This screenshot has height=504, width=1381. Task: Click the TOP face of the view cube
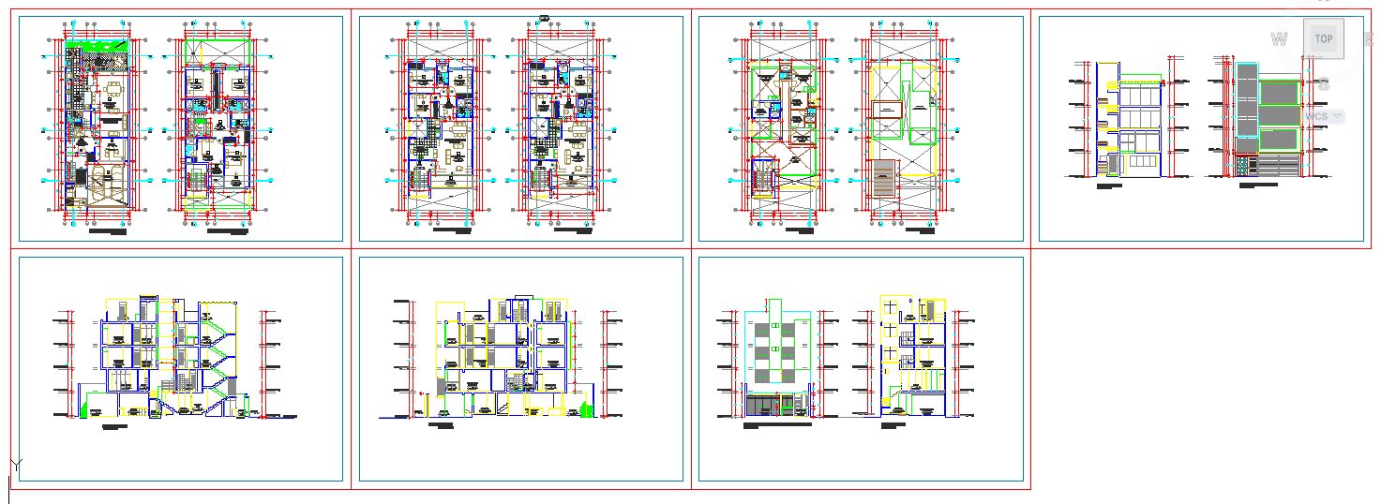click(1323, 38)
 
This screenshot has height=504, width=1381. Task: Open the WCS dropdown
click(1325, 115)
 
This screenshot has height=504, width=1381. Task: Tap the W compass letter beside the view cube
click(1276, 39)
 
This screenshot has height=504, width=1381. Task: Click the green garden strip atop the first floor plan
click(97, 46)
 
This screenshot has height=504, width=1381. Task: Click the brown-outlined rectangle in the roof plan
click(885, 110)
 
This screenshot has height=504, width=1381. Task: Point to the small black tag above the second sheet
click(544, 13)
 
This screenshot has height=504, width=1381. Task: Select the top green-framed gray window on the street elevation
click(1278, 92)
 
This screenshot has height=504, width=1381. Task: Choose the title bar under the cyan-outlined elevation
click(777, 425)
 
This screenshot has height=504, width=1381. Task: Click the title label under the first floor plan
click(108, 229)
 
